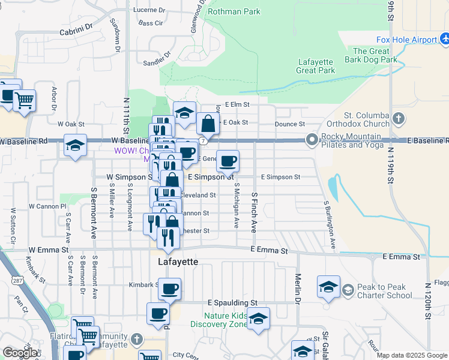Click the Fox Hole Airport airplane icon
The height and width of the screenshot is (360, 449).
click(x=445, y=40)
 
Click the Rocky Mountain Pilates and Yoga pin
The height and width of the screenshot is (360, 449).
click(x=312, y=140)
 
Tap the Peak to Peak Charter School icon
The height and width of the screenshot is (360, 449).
click(x=348, y=290)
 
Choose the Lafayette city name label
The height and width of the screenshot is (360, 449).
click(x=178, y=262)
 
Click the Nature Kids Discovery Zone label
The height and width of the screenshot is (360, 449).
click(x=217, y=320)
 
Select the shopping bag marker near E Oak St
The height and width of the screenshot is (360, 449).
click(x=208, y=124)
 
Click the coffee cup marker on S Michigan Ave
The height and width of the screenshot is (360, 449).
click(x=228, y=161)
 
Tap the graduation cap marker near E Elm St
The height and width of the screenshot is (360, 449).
click(x=185, y=113)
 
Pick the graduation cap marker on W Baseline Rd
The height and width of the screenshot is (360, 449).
click(x=75, y=146)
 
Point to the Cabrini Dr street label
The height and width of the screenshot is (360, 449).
click(x=77, y=29)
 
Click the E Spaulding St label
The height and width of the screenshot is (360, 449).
click(x=232, y=303)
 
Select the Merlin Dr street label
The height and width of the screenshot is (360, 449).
click(x=298, y=287)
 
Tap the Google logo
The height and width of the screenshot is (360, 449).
click(x=20, y=353)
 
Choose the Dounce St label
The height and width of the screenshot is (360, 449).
click(x=290, y=124)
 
